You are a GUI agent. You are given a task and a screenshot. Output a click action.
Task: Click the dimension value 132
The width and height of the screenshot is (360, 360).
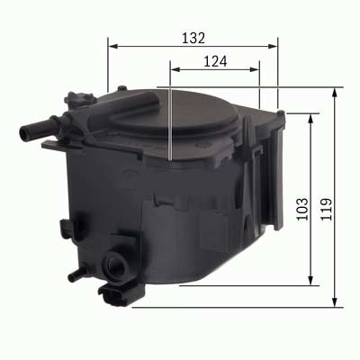pyautogui.click(x=192, y=38)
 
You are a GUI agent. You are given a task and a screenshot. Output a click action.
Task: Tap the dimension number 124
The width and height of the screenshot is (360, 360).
pyautogui.click(x=214, y=62)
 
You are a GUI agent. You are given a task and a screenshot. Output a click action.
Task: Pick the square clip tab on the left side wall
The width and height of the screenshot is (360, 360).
pyautogui.click(x=64, y=227)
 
